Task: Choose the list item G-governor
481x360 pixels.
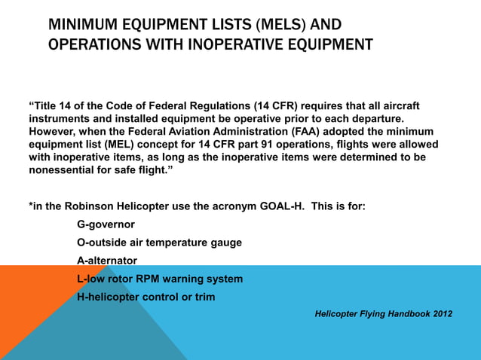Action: point(112,224)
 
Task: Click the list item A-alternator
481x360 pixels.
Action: point(108,261)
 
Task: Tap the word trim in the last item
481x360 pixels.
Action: point(203,297)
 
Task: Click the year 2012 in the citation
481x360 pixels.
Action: point(442,313)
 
